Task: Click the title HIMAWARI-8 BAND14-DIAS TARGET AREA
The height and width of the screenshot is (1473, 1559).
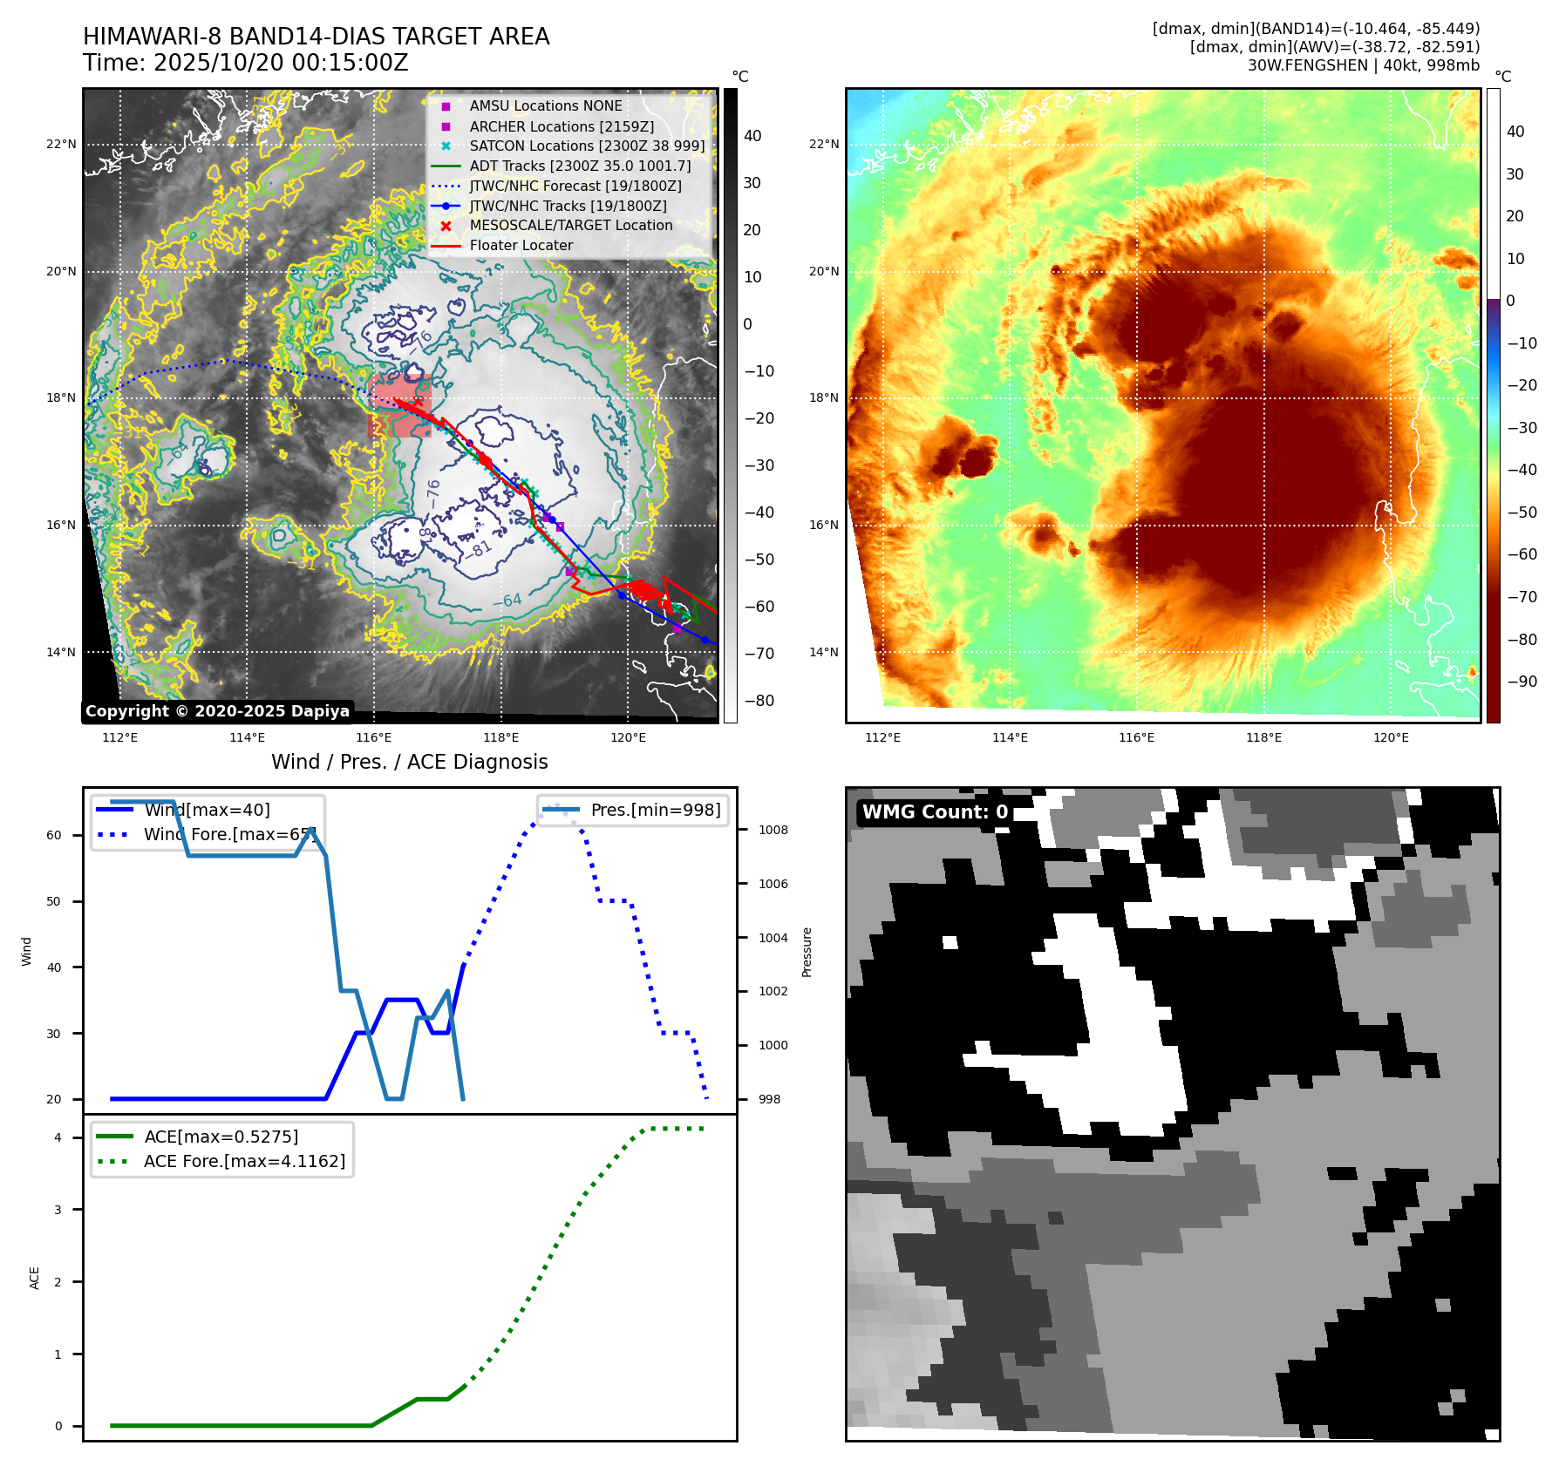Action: click(316, 37)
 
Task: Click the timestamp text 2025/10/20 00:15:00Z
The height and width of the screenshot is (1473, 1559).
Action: click(281, 64)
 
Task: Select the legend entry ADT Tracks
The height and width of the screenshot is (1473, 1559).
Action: click(580, 166)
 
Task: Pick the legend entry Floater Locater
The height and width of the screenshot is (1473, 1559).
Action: click(521, 246)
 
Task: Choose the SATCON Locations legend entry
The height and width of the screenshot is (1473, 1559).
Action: click(587, 146)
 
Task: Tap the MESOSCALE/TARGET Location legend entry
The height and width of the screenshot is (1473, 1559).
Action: click(570, 226)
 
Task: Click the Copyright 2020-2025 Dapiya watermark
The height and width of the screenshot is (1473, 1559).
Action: click(217, 711)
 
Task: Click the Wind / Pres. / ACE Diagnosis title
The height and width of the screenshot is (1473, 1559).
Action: click(409, 762)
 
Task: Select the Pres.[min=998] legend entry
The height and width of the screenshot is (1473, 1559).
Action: click(655, 810)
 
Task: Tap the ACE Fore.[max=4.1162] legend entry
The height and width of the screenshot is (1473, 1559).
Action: click(244, 1161)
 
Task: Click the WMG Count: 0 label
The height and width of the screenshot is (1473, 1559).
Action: click(935, 812)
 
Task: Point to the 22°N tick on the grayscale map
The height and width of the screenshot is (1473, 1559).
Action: click(61, 145)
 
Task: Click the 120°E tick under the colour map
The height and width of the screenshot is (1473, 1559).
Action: click(1391, 737)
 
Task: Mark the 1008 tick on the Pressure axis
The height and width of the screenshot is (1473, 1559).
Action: click(773, 830)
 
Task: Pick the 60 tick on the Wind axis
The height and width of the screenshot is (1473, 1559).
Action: click(54, 835)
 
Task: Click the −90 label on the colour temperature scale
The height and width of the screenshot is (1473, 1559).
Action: click(1522, 682)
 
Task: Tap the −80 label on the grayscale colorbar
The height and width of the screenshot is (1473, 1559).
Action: click(759, 701)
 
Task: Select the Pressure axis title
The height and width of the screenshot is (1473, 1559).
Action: click(807, 952)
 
